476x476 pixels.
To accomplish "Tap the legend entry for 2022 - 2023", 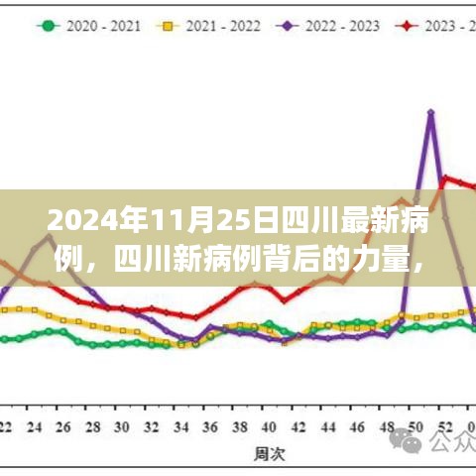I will click(x=341, y=25).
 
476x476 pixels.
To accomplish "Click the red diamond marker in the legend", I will click(x=408, y=25).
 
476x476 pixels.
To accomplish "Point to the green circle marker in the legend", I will click(x=47, y=25).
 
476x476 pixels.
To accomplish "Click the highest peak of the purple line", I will click(x=430, y=112).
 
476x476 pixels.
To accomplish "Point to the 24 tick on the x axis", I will click(x=36, y=427).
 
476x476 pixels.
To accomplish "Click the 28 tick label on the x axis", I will click(x=93, y=427).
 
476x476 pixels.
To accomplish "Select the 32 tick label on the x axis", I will click(x=151, y=427).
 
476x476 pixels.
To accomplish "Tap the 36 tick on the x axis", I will click(x=207, y=427).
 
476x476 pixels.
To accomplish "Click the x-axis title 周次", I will click(x=264, y=454).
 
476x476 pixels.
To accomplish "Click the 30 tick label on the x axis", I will click(x=122, y=427).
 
